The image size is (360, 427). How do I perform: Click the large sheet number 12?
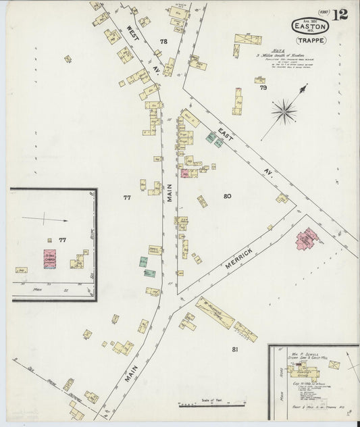pos(340,15)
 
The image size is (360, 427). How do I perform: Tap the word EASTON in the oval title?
pos(310,27)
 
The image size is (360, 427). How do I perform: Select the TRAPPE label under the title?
pos(311,41)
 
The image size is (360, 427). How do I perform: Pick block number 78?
pos(163,42)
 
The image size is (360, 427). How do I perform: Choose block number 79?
pos(263,88)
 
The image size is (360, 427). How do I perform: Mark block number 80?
pos(227,196)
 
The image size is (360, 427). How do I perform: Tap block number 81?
pos(235,349)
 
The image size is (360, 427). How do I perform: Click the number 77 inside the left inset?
pos(63,240)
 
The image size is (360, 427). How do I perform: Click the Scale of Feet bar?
pos(206,405)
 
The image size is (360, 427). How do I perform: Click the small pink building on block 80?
pos(184,174)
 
